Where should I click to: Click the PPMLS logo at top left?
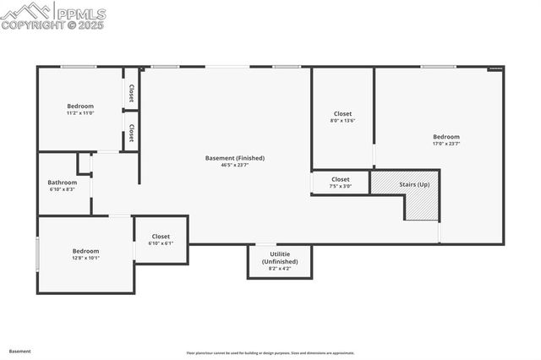(x=52, y=14)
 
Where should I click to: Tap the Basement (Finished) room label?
(x=235, y=158)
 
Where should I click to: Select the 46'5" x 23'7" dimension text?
(x=235, y=165)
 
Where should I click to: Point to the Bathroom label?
(x=62, y=183)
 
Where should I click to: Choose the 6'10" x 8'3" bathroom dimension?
(x=62, y=189)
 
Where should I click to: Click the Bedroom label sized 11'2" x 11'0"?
(x=80, y=106)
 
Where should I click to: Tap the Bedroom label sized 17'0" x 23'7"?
(x=446, y=137)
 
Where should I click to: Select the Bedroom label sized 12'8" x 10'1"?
(x=85, y=251)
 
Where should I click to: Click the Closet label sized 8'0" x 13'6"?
(x=342, y=113)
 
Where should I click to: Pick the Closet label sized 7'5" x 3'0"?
(x=341, y=179)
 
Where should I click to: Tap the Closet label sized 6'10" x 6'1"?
(x=161, y=237)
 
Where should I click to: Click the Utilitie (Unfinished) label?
(x=279, y=258)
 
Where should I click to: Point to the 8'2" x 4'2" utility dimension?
(x=279, y=269)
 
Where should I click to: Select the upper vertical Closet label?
(x=131, y=93)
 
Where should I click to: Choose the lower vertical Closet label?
(x=131, y=133)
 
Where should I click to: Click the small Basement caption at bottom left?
(x=20, y=351)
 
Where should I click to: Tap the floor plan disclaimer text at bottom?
(x=270, y=353)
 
